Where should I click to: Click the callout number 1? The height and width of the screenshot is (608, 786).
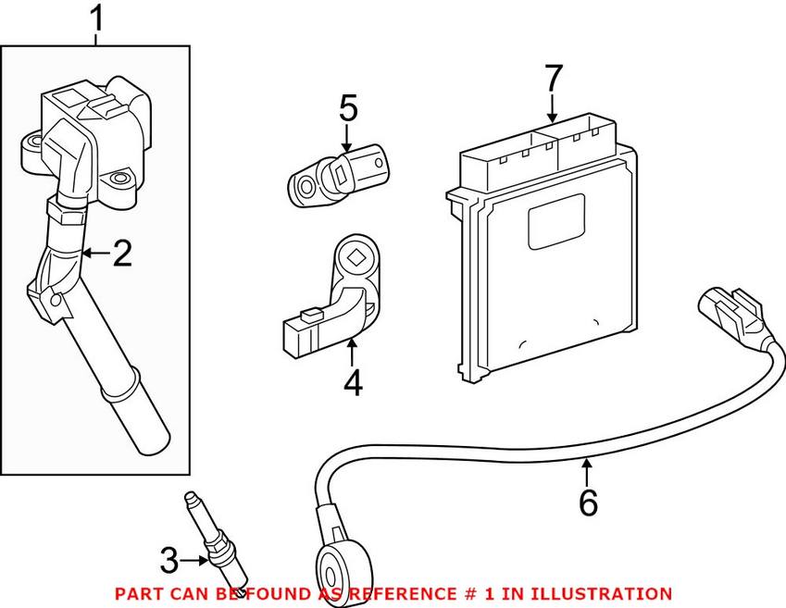tap(96, 19)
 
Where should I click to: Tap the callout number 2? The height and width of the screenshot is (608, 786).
tap(122, 254)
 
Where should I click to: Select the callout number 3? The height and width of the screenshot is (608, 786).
tap(168, 560)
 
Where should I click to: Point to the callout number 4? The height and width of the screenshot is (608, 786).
tap(352, 381)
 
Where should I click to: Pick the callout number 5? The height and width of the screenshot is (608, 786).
tap(347, 109)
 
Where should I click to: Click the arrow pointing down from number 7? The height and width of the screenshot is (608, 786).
tap(553, 106)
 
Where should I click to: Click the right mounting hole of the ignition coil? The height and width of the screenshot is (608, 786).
tap(118, 179)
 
